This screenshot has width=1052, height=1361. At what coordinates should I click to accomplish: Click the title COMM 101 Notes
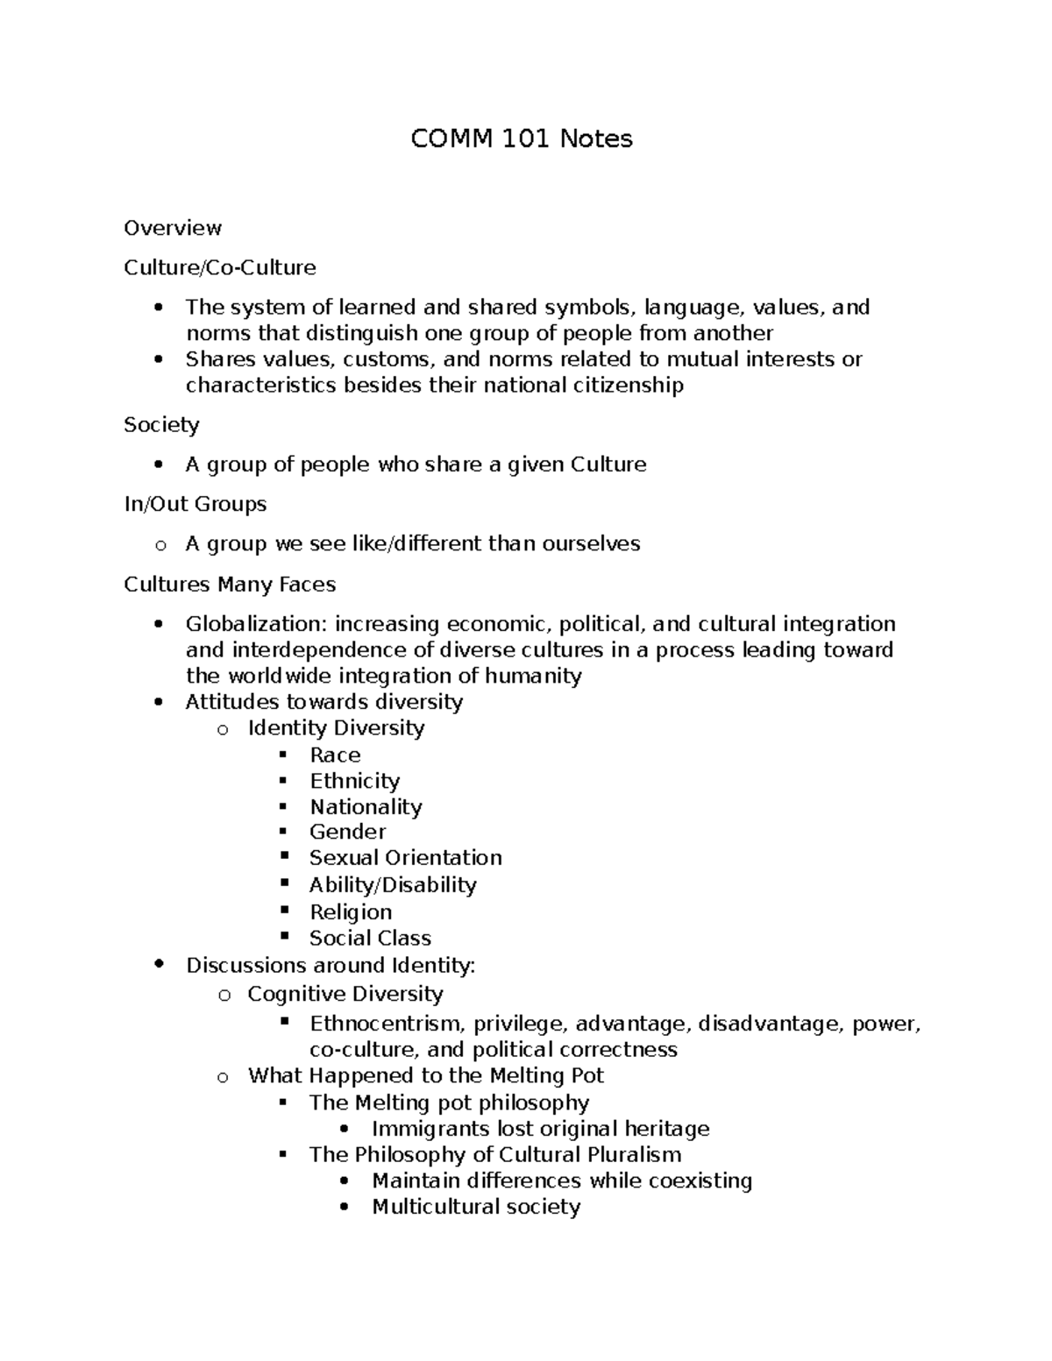point(522,138)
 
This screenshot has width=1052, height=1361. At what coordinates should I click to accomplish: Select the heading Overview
point(173,228)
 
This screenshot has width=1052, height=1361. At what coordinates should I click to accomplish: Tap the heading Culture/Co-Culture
point(220,267)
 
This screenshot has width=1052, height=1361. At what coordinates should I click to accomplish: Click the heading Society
point(161,425)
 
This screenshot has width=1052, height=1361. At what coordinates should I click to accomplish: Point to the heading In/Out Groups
point(195,504)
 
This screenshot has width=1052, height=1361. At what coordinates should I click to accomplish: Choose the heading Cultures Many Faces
point(230,584)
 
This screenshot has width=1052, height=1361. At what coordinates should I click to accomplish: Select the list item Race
point(335,755)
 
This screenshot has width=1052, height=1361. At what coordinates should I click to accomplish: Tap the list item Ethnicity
point(354,781)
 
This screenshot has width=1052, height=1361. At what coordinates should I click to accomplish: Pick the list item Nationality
point(366,806)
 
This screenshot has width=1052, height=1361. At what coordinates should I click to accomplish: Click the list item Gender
point(347,832)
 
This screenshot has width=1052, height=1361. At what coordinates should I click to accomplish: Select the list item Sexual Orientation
point(405,858)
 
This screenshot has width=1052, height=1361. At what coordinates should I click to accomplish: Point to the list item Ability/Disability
point(393,884)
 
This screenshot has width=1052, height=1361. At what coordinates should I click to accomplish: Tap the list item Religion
point(350,911)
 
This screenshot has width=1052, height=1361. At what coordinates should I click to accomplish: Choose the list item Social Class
point(370,938)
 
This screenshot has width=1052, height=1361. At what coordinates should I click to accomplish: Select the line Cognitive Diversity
point(345,994)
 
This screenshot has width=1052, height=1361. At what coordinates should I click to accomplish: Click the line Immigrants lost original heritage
point(540,1129)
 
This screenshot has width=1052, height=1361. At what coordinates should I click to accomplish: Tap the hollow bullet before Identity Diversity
point(224,729)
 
